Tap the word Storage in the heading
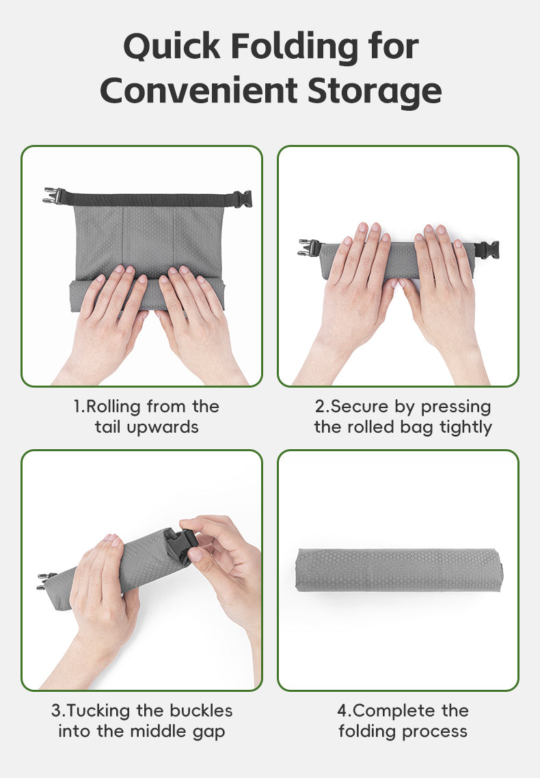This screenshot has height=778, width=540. point(375,92)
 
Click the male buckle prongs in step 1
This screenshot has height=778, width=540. point(54,196)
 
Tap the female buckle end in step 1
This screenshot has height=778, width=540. point(243,199)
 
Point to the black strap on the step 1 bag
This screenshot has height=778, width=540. point(149,200)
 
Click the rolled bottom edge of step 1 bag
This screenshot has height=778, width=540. point(147,296)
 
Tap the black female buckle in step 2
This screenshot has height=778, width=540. point(487,250)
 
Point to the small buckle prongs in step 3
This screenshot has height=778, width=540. point(46,580)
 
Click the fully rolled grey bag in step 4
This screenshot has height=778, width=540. point(399,569)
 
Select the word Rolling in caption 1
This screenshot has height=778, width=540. point(113,407)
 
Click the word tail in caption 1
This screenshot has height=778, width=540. point(107,427)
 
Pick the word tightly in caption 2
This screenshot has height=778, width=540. point(465,427)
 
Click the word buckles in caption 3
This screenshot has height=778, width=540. point(201,710)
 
